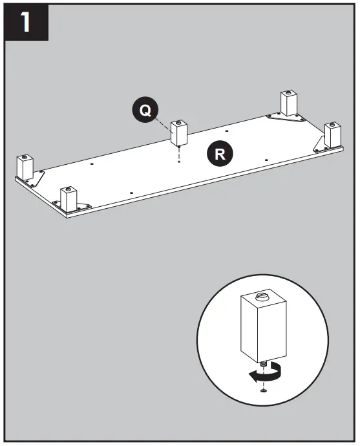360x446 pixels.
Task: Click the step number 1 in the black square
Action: (26, 24)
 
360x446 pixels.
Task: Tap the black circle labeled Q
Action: (145, 110)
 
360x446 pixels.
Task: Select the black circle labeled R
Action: (220, 153)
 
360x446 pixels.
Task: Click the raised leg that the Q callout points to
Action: (178, 133)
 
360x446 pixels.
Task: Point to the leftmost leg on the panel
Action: (25, 167)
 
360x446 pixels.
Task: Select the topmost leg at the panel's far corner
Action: (288, 103)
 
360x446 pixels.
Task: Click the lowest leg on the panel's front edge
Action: (69, 198)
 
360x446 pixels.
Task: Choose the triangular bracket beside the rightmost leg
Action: (322, 142)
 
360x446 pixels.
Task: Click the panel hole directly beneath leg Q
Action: (178, 162)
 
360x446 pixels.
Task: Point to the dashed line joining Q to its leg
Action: (162, 120)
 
